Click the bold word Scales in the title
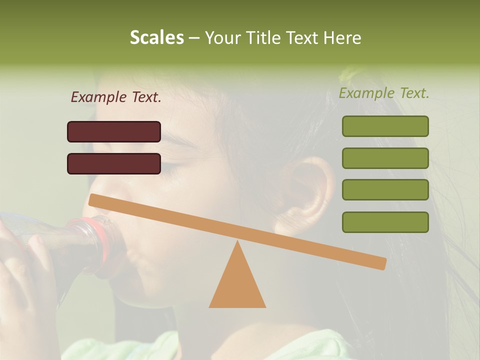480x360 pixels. [156, 37]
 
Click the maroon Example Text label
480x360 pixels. [116, 97]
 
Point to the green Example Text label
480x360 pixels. [384, 93]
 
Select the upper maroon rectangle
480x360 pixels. [114, 131]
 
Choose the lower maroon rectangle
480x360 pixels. [114, 163]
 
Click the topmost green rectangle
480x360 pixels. [385, 126]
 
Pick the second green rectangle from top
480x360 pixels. [385, 158]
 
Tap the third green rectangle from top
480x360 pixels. [385, 190]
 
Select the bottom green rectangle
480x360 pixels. [385, 222]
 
